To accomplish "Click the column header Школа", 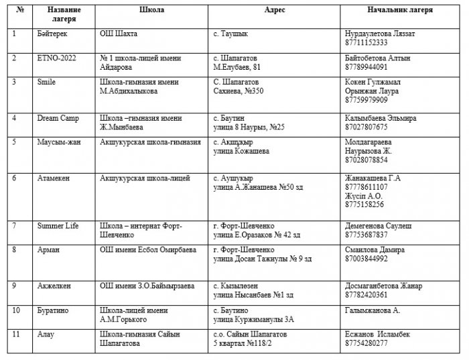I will pyautogui.click(x=151, y=11).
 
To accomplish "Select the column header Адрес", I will pyautogui.click(x=273, y=11).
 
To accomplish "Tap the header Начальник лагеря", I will pyautogui.click(x=400, y=11).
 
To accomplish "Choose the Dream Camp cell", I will pyautogui.click(x=58, y=118).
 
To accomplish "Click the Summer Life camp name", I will pyautogui.click(x=58, y=227).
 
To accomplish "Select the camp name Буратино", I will pyautogui.click(x=53, y=311).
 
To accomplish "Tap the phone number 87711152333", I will pyautogui.click(x=366, y=42).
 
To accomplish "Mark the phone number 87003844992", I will pyautogui.click(x=366, y=258).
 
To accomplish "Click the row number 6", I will pyautogui.click(x=15, y=178).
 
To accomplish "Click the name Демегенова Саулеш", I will pyautogui.click(x=377, y=227).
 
